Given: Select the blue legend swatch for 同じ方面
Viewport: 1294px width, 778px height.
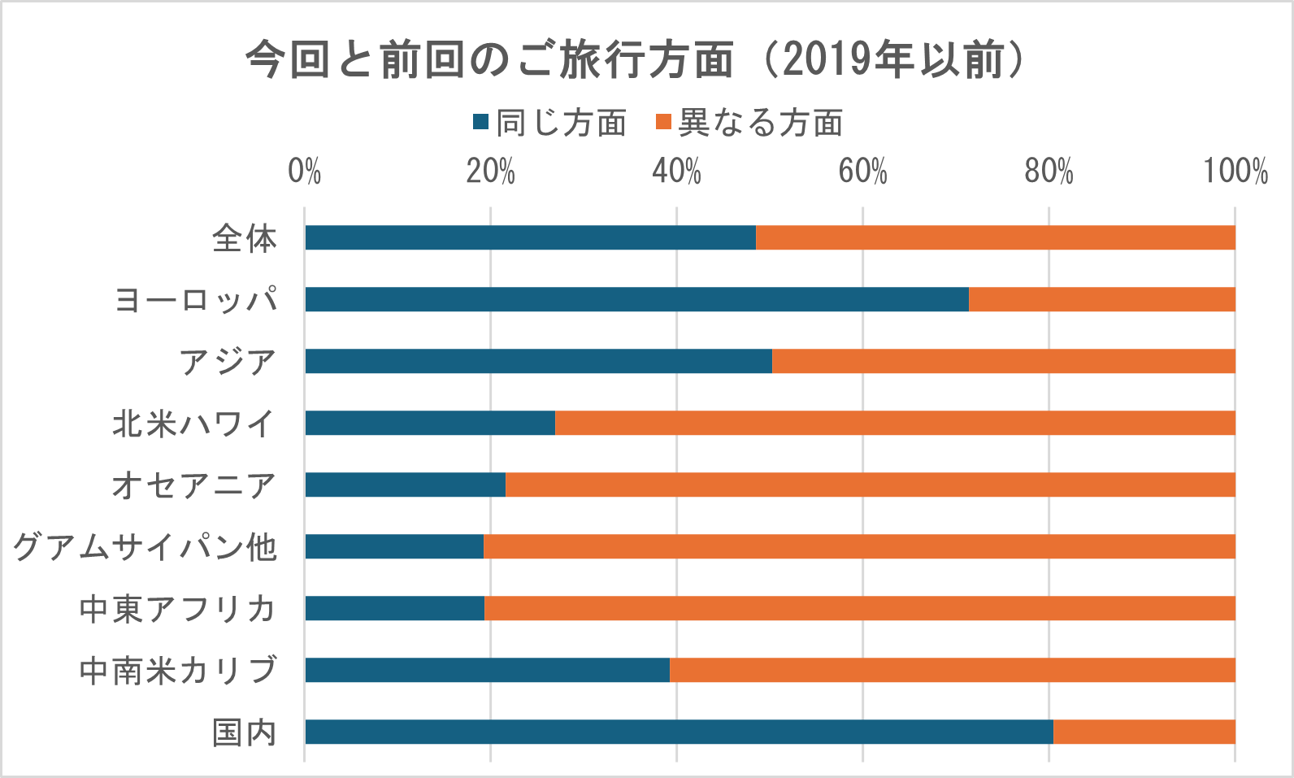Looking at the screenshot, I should tap(481, 123).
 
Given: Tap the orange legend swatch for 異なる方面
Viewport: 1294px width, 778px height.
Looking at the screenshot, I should tap(663, 123).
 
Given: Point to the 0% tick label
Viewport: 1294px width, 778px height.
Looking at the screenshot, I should tap(305, 172).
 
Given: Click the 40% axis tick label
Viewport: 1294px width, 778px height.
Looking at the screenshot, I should tap(676, 172).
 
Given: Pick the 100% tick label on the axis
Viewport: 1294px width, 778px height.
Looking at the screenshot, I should tap(1235, 172).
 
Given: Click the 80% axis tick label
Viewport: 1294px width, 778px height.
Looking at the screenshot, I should tap(1049, 172).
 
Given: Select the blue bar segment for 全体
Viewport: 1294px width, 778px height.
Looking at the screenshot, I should tap(530, 237).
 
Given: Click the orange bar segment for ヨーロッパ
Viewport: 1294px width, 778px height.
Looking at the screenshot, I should tap(1101, 299).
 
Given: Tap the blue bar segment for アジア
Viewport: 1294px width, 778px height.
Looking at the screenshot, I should tap(538, 361).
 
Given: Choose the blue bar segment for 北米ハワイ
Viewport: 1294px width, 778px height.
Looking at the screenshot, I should tap(430, 423).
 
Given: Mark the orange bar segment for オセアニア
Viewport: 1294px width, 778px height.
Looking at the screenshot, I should tap(870, 485).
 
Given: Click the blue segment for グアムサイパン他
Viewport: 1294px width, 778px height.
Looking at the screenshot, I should tap(394, 546).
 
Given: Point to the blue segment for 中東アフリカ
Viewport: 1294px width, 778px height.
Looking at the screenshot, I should tap(394, 608).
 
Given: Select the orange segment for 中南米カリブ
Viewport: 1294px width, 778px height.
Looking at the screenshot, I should tap(952, 670).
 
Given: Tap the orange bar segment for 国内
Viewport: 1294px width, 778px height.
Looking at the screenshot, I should tap(1144, 732).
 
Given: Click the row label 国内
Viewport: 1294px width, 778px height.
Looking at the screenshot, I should tap(245, 732).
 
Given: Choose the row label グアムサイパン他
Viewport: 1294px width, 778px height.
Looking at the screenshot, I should tap(145, 546).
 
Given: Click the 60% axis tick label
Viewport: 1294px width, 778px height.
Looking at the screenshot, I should tap(862, 172).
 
